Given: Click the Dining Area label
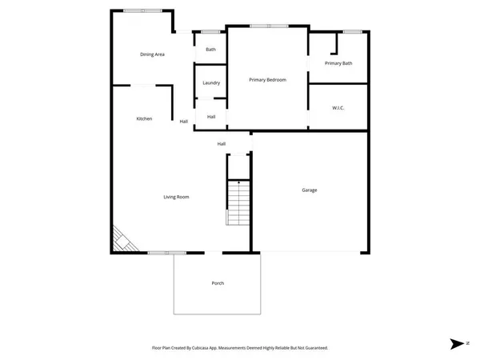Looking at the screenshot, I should click(152, 54).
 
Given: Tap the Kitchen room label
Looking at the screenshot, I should click(144, 118).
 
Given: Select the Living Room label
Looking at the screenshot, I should click(176, 197).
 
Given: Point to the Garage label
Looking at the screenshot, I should click(310, 190).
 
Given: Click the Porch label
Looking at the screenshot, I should click(218, 284).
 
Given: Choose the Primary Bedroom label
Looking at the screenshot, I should click(267, 80).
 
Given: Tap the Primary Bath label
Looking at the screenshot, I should click(338, 63).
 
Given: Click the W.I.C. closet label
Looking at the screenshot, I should click(338, 107).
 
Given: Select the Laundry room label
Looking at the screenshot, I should click(211, 83).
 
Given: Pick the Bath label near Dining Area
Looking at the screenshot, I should click(210, 50).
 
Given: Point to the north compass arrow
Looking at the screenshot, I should click(457, 344).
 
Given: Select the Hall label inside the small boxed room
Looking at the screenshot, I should click(211, 117).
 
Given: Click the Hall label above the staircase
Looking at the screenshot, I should click(222, 144).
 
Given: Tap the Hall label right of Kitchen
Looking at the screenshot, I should click(184, 122).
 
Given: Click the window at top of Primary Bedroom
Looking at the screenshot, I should click(268, 26).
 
